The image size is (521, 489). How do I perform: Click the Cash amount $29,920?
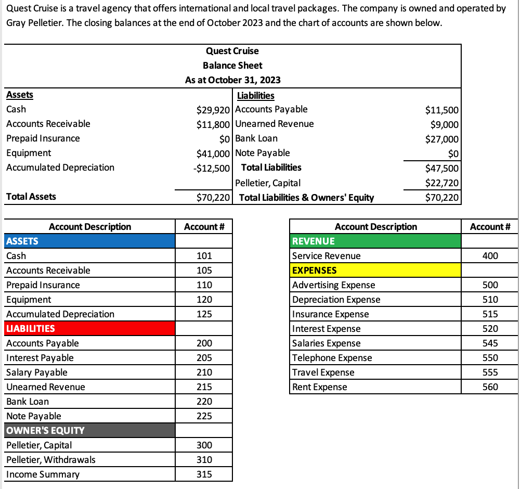tap(215, 109)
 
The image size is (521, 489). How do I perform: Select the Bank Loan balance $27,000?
tap(441, 138)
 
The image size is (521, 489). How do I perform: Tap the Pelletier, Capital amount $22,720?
tap(441, 183)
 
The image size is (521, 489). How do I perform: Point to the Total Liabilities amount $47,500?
tap(441, 168)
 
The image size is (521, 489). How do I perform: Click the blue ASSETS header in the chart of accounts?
tap(89, 241)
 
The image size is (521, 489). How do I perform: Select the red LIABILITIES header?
tap(89, 328)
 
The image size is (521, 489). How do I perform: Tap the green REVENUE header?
tap(375, 241)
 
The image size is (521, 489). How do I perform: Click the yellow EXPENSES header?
tap(375, 270)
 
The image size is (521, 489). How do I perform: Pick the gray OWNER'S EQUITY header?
tap(89, 430)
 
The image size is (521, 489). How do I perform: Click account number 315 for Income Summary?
tap(204, 474)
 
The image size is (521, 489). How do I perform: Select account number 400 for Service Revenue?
tap(490, 255)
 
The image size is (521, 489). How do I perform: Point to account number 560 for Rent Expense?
tap(490, 387)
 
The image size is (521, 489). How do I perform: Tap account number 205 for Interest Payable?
tap(204, 357)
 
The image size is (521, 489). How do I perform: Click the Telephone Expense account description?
tap(332, 357)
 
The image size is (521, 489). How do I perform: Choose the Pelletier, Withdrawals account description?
tap(51, 459)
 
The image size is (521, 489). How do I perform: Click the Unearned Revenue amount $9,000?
tap(445, 124)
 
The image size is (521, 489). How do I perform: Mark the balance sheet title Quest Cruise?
tap(232, 50)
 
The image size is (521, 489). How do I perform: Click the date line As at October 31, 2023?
tap(232, 80)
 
